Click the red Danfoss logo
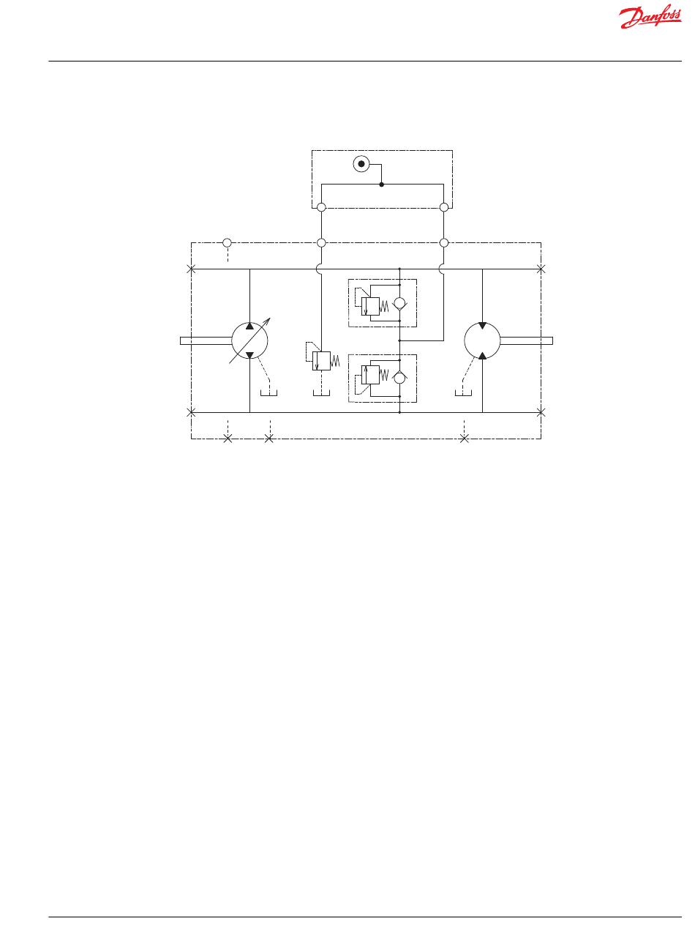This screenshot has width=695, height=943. click(x=650, y=17)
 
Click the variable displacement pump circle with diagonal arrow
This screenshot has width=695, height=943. click(x=232, y=341)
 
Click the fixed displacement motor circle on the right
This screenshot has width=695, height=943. click(x=465, y=341)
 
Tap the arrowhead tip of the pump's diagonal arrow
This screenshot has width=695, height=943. click(x=270, y=318)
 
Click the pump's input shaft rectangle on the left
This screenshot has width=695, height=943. click(x=206, y=341)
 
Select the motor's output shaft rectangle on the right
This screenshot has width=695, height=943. click(x=526, y=341)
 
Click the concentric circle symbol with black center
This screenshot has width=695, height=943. click(x=361, y=164)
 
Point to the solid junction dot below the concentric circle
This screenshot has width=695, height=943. click(x=382, y=184)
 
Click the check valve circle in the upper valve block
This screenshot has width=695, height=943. click(x=399, y=303)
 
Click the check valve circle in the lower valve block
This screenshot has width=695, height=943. click(x=399, y=378)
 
